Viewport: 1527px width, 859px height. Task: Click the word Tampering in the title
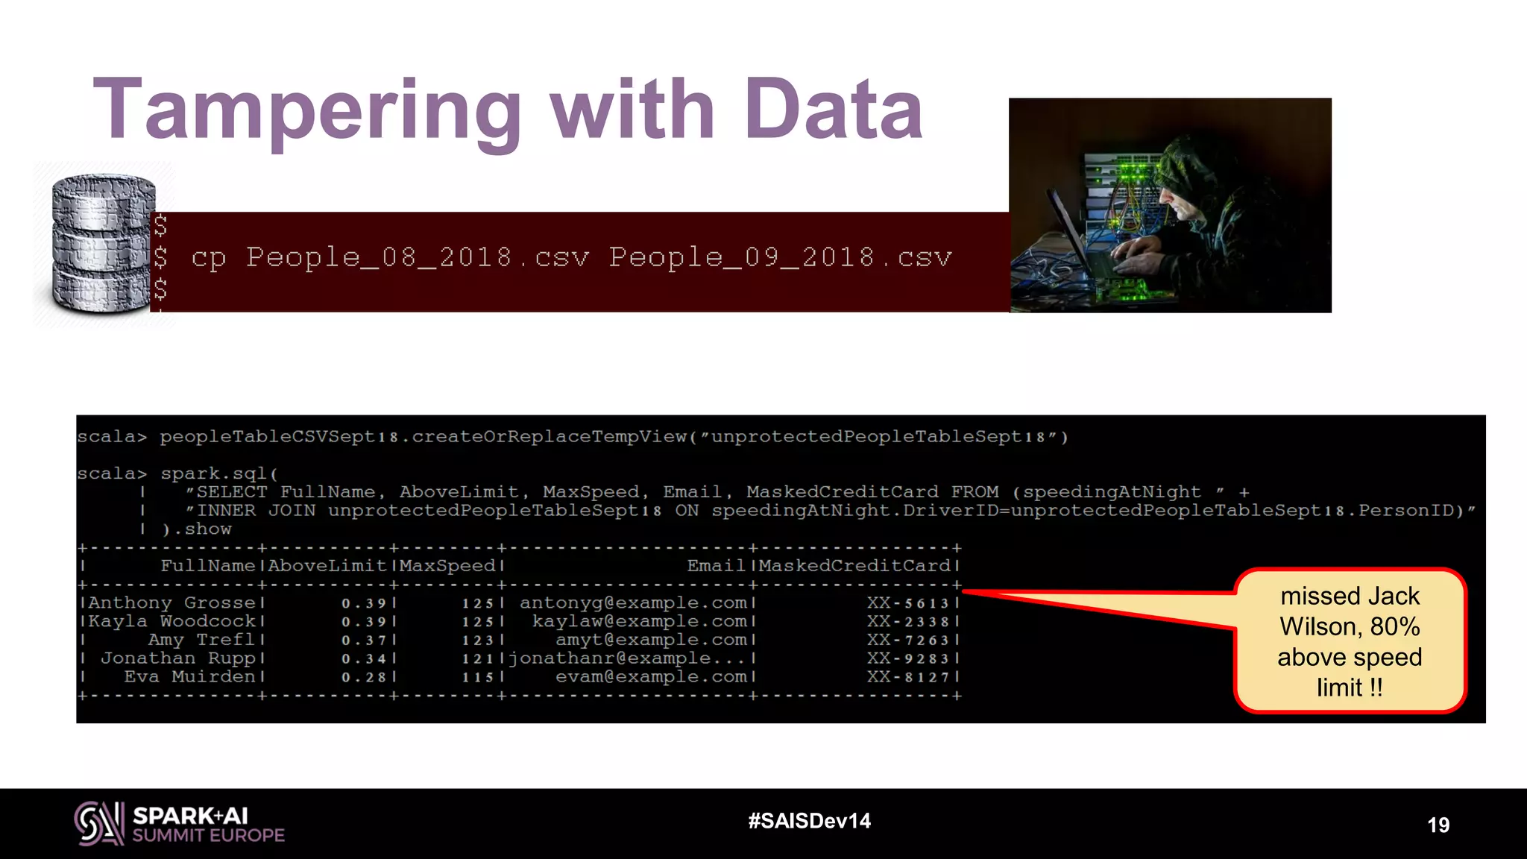(x=306, y=112)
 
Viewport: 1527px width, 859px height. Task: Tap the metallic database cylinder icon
(x=103, y=243)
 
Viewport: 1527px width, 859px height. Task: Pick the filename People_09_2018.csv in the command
(x=780, y=257)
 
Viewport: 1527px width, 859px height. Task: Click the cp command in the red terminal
(x=208, y=258)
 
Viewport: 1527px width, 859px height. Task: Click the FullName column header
(x=208, y=566)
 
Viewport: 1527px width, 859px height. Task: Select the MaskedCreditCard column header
(x=854, y=566)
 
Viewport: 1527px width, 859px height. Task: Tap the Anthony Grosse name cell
(x=172, y=602)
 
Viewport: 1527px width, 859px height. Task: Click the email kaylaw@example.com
(x=639, y=621)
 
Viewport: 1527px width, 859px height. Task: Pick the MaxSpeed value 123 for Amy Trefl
(x=478, y=640)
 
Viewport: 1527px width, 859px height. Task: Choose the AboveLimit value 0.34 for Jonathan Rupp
(x=364, y=658)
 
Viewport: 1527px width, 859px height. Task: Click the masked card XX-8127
(x=907, y=677)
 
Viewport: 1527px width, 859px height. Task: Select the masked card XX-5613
(x=907, y=602)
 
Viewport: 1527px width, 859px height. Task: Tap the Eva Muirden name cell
(x=190, y=676)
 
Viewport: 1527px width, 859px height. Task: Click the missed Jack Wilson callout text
(x=1350, y=641)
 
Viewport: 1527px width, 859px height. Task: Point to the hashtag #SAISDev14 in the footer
(x=809, y=821)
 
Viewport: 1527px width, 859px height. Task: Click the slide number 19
(x=1438, y=825)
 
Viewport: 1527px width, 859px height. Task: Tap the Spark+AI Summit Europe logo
(x=180, y=824)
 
